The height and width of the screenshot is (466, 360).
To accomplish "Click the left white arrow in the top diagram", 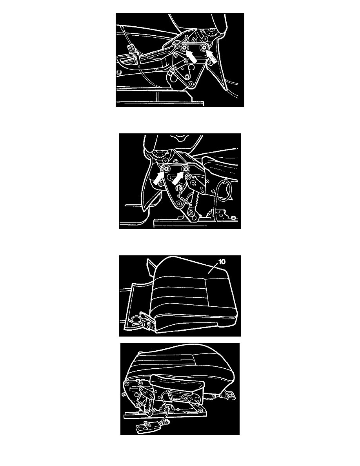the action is [191, 56].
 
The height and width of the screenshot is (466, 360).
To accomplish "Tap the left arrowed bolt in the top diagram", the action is [184, 48].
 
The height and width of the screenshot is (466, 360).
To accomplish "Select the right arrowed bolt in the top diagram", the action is [204, 47].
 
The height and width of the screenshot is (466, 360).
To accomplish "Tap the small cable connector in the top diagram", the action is [130, 47].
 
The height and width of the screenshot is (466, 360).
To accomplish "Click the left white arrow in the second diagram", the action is [159, 178].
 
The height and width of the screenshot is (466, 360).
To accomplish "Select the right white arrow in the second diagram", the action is [178, 178].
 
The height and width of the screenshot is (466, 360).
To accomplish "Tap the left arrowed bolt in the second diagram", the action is [166, 169].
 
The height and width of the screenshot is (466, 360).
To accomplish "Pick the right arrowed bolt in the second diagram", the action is [186, 169].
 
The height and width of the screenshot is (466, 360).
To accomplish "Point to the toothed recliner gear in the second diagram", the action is [160, 155].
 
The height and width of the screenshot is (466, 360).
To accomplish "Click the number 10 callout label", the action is [222, 262].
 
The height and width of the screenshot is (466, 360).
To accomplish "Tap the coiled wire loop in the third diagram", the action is [136, 319].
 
